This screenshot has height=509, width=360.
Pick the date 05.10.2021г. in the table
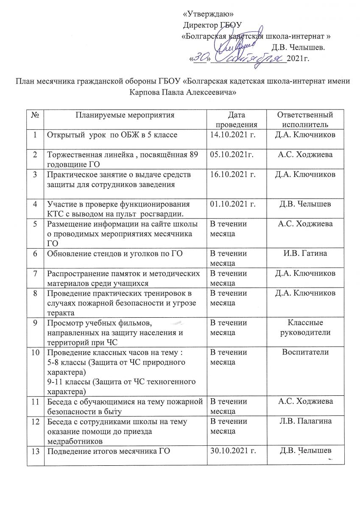[232, 154]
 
